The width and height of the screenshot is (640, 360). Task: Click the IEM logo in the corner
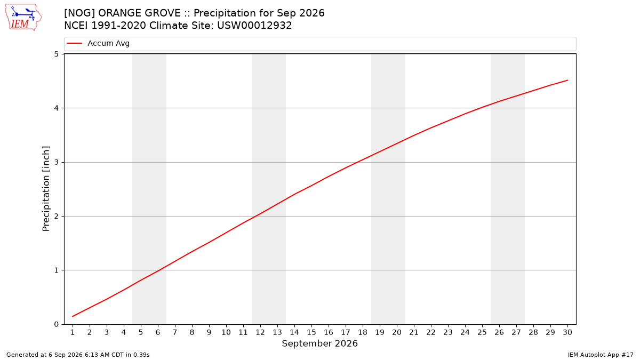tap(23, 18)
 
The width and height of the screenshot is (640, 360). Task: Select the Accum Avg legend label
tap(109, 43)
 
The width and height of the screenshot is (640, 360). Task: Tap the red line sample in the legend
tap(74, 43)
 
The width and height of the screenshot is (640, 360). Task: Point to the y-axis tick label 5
tap(56, 54)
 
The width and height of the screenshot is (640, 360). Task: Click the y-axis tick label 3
tap(56, 162)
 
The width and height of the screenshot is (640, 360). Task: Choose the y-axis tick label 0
tap(56, 324)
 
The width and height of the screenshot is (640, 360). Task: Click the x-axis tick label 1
tap(73, 332)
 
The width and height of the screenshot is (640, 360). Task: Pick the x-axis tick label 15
tap(311, 332)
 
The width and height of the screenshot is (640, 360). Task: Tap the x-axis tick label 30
tap(567, 332)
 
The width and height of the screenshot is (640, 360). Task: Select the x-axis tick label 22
tap(431, 332)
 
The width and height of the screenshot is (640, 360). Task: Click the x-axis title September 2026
tap(319, 343)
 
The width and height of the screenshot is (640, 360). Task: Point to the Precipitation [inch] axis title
tap(46, 189)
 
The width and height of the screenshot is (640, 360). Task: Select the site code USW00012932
tap(254, 26)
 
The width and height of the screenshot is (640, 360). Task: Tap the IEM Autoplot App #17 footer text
tap(601, 355)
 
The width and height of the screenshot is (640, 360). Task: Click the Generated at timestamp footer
tap(78, 355)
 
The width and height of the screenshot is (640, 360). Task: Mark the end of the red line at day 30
tap(567, 81)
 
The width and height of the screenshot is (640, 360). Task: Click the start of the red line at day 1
tap(73, 316)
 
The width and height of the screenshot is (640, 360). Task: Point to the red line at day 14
tap(294, 194)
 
